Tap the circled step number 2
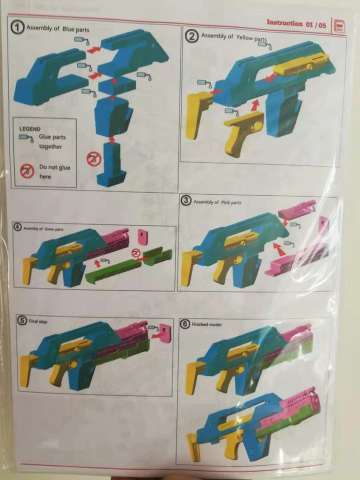[191, 36]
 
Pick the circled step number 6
[184, 324]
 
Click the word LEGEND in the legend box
[29, 128]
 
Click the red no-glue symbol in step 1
[93, 159]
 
